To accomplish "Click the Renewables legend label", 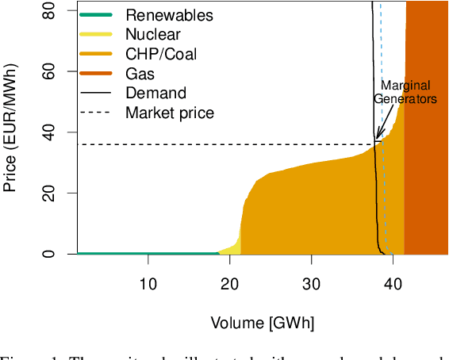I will tap(169, 15).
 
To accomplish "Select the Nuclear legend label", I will tap(153, 34).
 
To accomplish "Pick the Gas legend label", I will tap(140, 74).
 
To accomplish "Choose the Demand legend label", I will tap(155, 93).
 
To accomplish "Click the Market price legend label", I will tap(170, 113).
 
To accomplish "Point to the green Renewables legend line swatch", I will tap(96, 15).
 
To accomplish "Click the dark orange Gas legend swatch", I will tap(96, 74).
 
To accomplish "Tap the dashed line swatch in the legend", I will tap(96, 113).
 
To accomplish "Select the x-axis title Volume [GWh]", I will tap(263, 323).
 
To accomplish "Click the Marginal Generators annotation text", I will tap(406, 93).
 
